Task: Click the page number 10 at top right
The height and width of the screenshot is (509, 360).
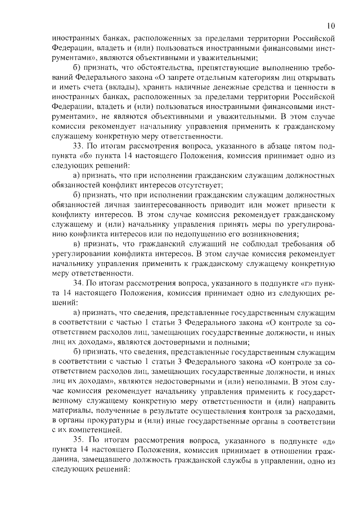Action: (x=331, y=25)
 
